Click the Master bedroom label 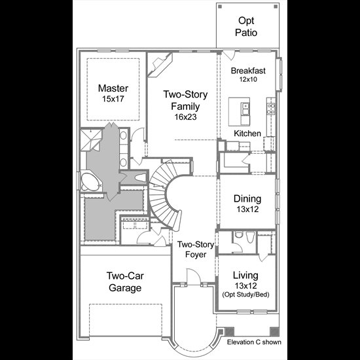point(113,88)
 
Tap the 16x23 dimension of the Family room point(185,117)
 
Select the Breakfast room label point(248,71)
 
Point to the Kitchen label point(247,134)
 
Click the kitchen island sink point(245,109)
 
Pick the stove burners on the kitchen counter point(271,109)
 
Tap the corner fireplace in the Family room point(160,65)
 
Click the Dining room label point(247,198)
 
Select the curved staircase point(166,195)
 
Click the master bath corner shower point(91,139)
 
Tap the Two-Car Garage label point(125,281)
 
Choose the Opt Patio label point(246,27)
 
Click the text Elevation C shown point(254,342)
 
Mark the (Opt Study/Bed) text point(245,295)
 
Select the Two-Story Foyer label point(196,249)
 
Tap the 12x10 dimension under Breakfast point(248,79)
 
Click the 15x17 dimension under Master point(113,99)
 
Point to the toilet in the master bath point(140,177)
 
